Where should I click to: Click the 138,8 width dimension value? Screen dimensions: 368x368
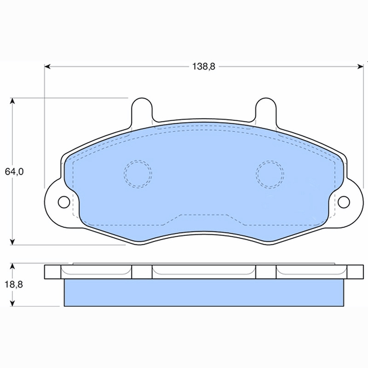click(204, 67)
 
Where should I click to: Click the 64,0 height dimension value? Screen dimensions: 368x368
click(14, 172)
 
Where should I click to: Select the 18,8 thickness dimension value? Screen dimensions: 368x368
click(14, 284)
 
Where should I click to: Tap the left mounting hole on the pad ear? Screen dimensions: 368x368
click(64, 202)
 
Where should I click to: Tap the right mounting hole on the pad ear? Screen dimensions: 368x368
click(344, 202)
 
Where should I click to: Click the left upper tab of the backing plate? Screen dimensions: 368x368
click(142, 110)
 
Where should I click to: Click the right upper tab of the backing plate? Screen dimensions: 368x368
click(266, 110)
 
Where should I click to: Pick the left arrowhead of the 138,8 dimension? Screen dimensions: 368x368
click(47, 67)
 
